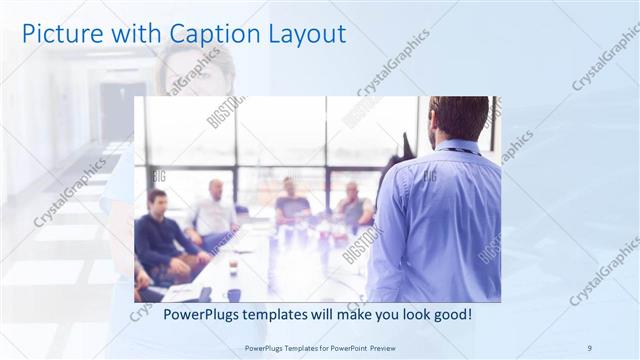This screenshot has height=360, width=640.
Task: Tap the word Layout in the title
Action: coord(306,34)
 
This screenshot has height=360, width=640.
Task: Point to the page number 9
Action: coord(589,348)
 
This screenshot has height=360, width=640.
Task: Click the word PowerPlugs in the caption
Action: coord(194,315)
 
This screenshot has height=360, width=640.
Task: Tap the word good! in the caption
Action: coord(451,315)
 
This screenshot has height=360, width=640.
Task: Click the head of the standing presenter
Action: coord(459,118)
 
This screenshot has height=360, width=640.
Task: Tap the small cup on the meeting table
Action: coord(231,267)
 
